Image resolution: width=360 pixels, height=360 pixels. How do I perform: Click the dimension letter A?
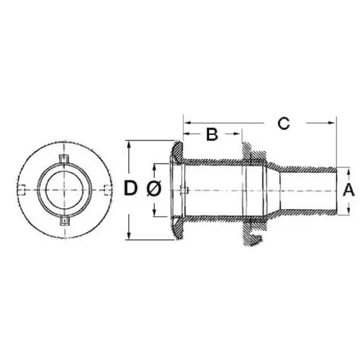click(x=347, y=189)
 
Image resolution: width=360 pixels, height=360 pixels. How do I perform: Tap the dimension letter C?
click(x=282, y=123)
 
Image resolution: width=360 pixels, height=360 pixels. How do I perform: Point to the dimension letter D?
click(x=131, y=189)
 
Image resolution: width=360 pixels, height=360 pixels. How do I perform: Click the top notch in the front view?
click(x=64, y=157)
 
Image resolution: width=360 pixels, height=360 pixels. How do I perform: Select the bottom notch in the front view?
click(x=64, y=221)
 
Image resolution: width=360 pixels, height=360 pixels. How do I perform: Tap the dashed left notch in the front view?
click(x=23, y=188)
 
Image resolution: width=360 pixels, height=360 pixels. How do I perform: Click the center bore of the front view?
click(x=64, y=189)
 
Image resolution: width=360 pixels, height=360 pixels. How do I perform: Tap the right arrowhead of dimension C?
click(x=333, y=123)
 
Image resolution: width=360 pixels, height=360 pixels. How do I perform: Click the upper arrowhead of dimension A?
click(x=347, y=170)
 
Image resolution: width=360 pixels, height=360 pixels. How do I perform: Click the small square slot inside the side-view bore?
click(x=183, y=189)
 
